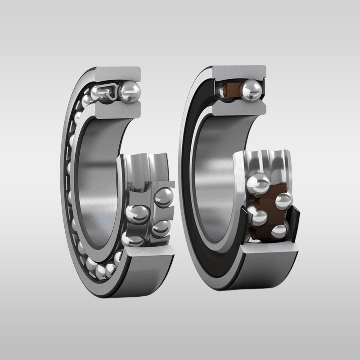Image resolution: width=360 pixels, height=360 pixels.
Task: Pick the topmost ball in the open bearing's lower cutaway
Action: point(163,197)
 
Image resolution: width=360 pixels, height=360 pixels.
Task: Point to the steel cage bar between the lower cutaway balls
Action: point(151,211)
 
